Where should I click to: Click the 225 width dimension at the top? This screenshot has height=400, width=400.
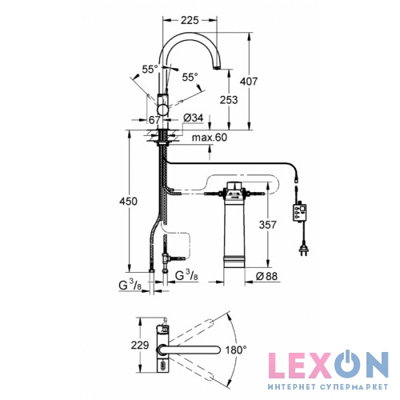[x=190, y=20]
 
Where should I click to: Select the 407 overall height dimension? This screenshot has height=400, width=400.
[x=249, y=81]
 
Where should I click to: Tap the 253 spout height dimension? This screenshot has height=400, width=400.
[x=229, y=100]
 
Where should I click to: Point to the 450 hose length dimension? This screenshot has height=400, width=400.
[x=128, y=201]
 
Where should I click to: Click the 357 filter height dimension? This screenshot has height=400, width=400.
[x=267, y=225]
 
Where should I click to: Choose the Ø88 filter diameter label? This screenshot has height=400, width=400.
[x=266, y=276]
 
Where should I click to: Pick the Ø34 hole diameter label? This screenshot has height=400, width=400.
[x=194, y=118]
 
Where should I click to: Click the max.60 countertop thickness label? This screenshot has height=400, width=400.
[x=210, y=138]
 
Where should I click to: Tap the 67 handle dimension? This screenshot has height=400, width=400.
[x=154, y=120]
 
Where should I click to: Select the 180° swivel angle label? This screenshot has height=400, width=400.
[x=236, y=350]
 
